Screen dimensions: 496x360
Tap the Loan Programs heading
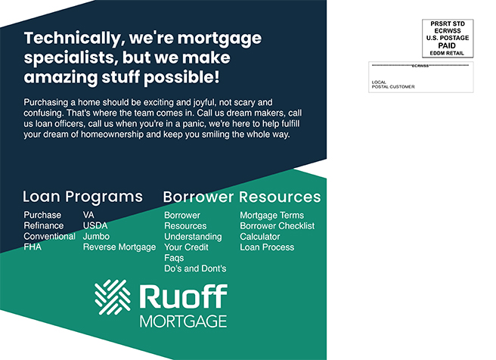pyautogui.click(x=82, y=197)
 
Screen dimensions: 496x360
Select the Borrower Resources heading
pyautogui.click(x=242, y=197)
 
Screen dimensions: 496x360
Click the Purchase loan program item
pyautogui.click(x=42, y=215)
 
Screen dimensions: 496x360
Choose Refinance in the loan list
pyautogui.click(x=44, y=225)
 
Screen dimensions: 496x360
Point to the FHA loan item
pyautogui.click(x=33, y=247)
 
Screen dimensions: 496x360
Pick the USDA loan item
pyautogui.click(x=95, y=225)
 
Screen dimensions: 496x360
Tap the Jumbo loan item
pyautogui.click(x=96, y=236)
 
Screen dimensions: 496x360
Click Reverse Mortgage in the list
pyautogui.click(x=119, y=247)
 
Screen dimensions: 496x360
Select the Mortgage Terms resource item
pyautogui.click(x=272, y=216)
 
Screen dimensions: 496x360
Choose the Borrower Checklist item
pyautogui.click(x=277, y=226)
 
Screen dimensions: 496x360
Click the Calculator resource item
pyautogui.click(x=260, y=237)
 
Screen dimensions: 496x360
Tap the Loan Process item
pyautogui.click(x=267, y=247)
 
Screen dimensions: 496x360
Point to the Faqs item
pyautogui.click(x=174, y=258)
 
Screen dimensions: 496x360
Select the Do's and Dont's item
pyautogui.click(x=195, y=268)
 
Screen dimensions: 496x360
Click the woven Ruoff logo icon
pyautogui.click(x=113, y=297)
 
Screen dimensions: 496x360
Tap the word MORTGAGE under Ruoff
pyautogui.click(x=183, y=321)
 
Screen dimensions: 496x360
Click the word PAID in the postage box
pyautogui.click(x=448, y=45)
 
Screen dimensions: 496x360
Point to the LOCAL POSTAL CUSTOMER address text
pyautogui.click(x=393, y=85)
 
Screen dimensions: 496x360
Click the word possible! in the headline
pyautogui.click(x=181, y=78)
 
